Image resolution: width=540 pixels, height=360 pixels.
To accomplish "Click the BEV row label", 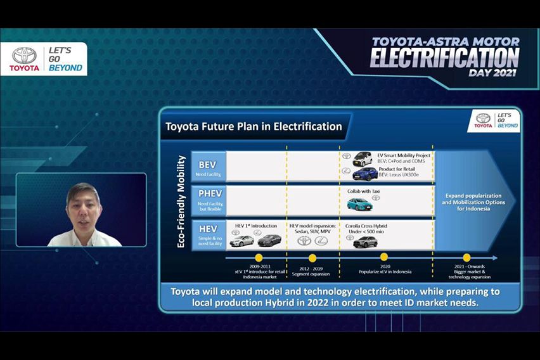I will click(x=207, y=165).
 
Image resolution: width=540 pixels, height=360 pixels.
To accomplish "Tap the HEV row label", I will click(x=207, y=229).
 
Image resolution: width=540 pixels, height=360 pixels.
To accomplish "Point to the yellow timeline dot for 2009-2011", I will click(x=258, y=258).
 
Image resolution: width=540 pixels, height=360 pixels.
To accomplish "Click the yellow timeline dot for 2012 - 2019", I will click(x=312, y=258).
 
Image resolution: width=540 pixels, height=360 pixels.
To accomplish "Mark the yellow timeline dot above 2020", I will click(x=384, y=257).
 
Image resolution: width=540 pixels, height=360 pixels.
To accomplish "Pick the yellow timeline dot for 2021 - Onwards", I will click(x=466, y=258).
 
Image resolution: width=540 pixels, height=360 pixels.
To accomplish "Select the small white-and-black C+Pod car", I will click(x=363, y=158).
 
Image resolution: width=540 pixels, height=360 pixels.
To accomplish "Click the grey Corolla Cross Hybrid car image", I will click(x=365, y=241).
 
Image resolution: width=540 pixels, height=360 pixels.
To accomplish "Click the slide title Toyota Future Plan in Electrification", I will click(x=254, y=126).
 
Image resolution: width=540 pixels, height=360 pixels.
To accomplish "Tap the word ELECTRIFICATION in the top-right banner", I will click(x=444, y=58).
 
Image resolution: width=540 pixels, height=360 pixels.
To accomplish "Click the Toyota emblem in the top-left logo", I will click(x=25, y=55).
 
